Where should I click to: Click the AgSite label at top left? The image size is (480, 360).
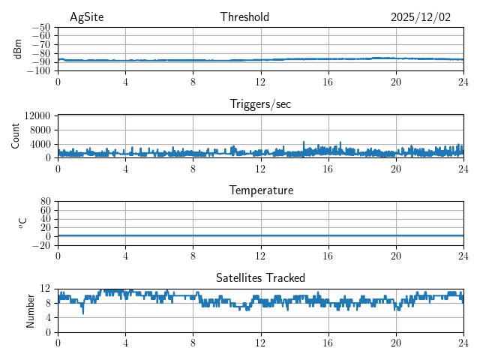click(x=85, y=17)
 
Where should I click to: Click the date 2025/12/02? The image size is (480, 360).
click(x=421, y=17)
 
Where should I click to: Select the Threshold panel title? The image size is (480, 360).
click(x=244, y=17)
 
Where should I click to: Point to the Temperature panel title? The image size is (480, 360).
click(x=260, y=190)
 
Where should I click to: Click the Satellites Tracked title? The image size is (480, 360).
click(x=260, y=277)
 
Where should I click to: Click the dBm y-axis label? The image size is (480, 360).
click(x=18, y=49)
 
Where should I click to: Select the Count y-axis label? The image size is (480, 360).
click(x=15, y=136)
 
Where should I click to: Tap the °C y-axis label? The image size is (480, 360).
click(x=22, y=223)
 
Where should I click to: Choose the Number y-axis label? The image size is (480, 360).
click(x=31, y=310)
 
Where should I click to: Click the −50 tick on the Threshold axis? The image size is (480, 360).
click(x=41, y=27)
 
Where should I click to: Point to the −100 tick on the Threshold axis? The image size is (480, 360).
click(x=39, y=71)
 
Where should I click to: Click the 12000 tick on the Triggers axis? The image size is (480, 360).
click(x=37, y=115)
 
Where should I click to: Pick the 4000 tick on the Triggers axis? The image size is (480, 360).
click(x=40, y=144)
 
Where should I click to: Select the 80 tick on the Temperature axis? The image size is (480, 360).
click(x=46, y=201)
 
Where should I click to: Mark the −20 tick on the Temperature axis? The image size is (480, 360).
click(x=41, y=245)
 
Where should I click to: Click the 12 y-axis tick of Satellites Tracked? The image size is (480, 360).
click(x=46, y=289)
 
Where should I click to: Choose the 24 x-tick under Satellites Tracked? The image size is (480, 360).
click(x=463, y=343)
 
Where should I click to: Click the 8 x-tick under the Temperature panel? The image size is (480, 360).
click(x=193, y=256)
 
